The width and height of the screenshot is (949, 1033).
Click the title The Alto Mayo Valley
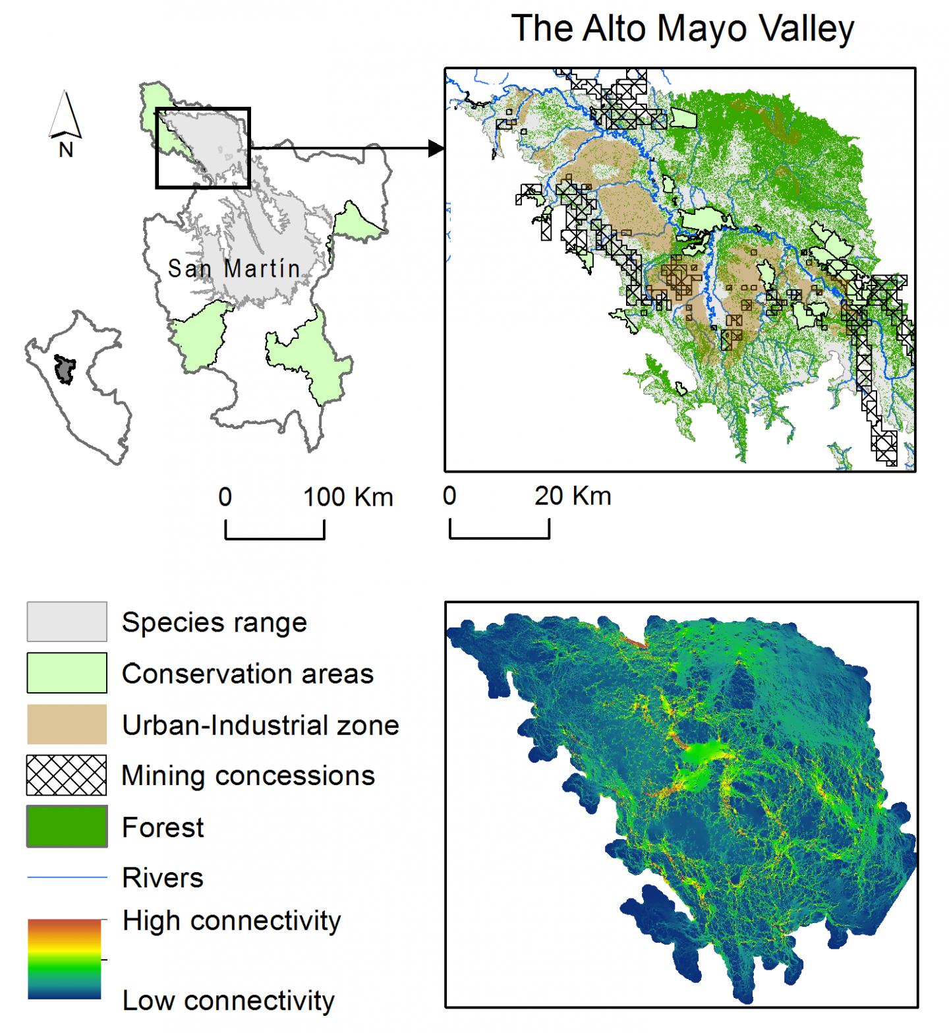coord(683,30)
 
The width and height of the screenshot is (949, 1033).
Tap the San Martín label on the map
coord(234,268)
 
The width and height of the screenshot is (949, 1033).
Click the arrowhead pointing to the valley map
coord(436,148)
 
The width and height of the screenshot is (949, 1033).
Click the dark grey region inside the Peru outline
coord(64,369)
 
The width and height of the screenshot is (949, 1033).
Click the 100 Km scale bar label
coord(348,497)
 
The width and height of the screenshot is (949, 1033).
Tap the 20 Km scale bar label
coord(573,496)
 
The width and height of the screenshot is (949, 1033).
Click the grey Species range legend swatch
coord(67,622)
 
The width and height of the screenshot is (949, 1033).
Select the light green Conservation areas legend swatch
coord(67,673)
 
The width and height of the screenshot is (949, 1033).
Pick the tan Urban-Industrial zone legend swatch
coord(67,724)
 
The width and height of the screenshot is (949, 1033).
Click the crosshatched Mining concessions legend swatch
coord(67,775)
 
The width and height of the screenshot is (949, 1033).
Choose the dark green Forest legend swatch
coord(67,827)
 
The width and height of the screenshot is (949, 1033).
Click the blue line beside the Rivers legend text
coord(67,877)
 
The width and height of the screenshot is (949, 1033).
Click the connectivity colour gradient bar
coord(65,959)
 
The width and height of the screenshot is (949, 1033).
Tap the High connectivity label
coord(231,921)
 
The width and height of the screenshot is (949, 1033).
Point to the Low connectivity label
coord(228,1001)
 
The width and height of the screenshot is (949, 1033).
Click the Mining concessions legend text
coord(248,776)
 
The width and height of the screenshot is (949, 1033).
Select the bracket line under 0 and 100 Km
coord(275,538)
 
